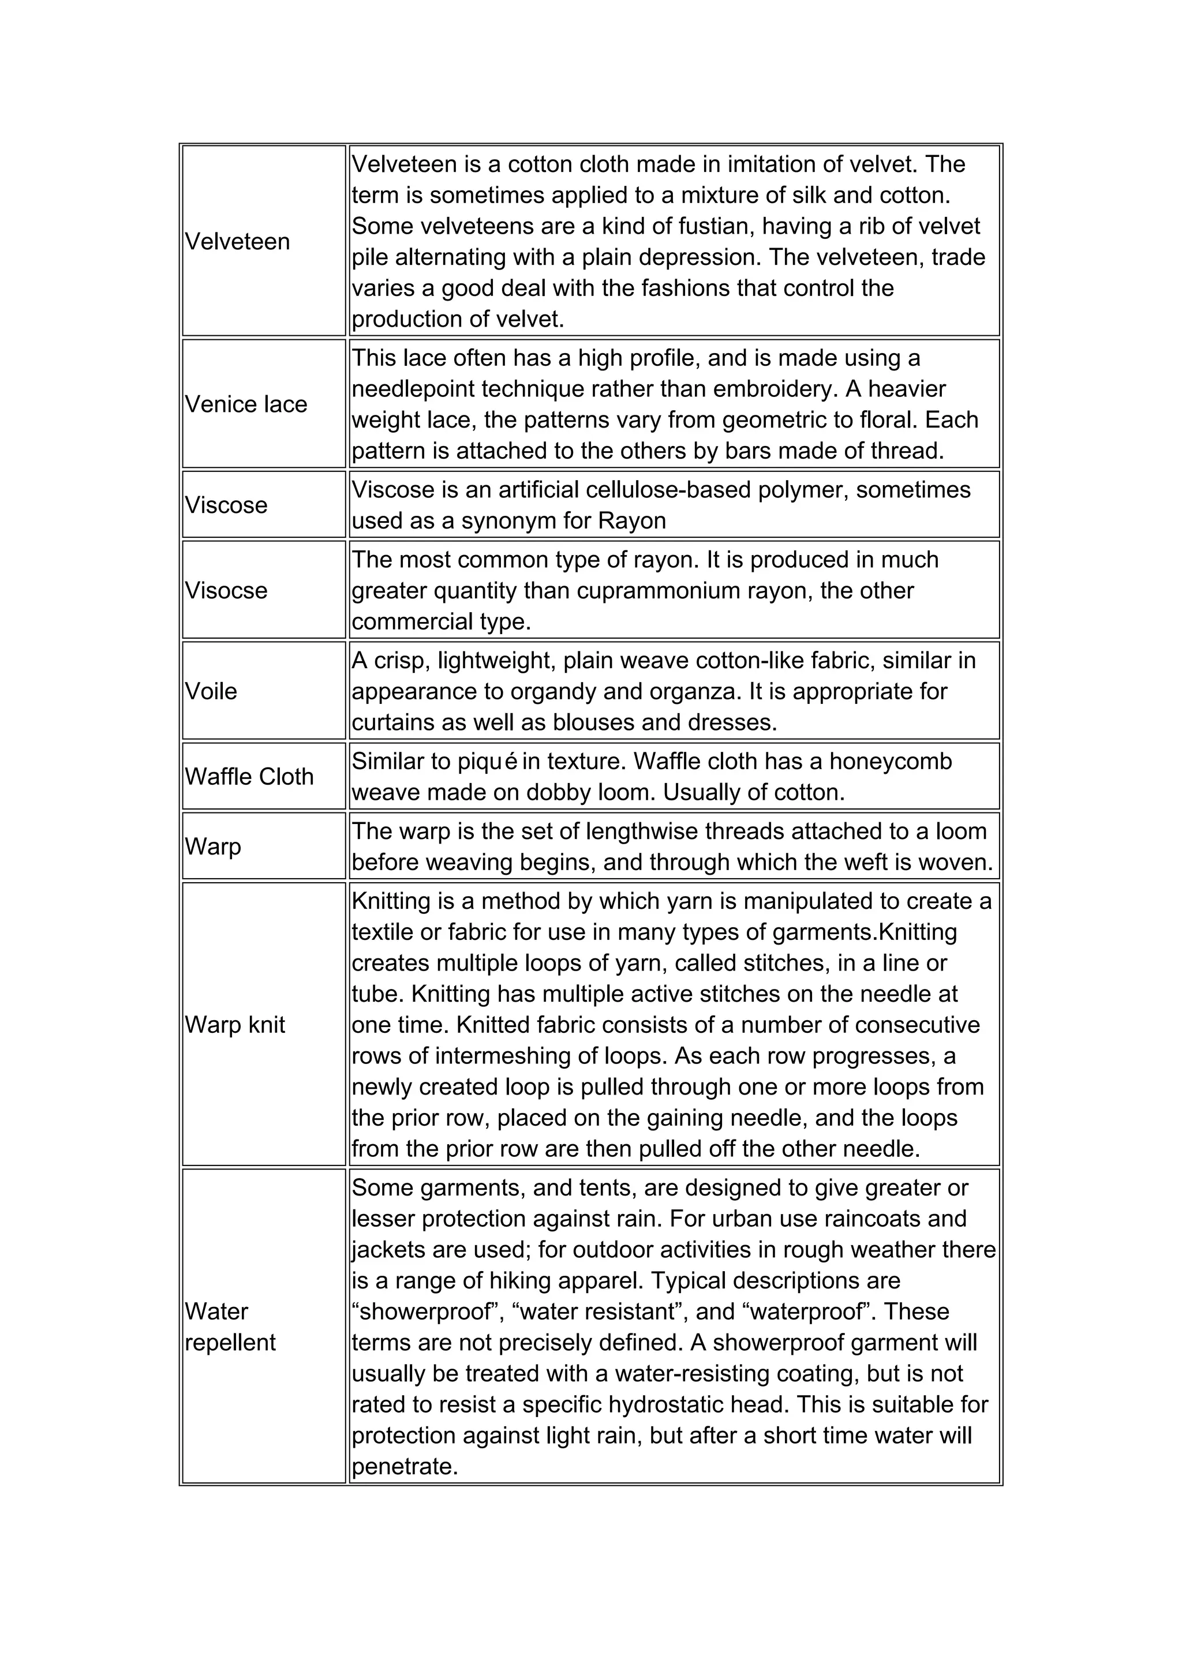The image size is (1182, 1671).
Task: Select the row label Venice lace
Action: (x=246, y=404)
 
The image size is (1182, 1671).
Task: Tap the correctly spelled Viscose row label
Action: (x=226, y=505)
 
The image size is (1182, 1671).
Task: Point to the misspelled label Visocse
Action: (x=226, y=590)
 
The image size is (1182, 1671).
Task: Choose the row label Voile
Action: (x=211, y=691)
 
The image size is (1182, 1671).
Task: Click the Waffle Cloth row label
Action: (x=249, y=777)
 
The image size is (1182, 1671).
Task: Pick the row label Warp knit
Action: (x=235, y=1025)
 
